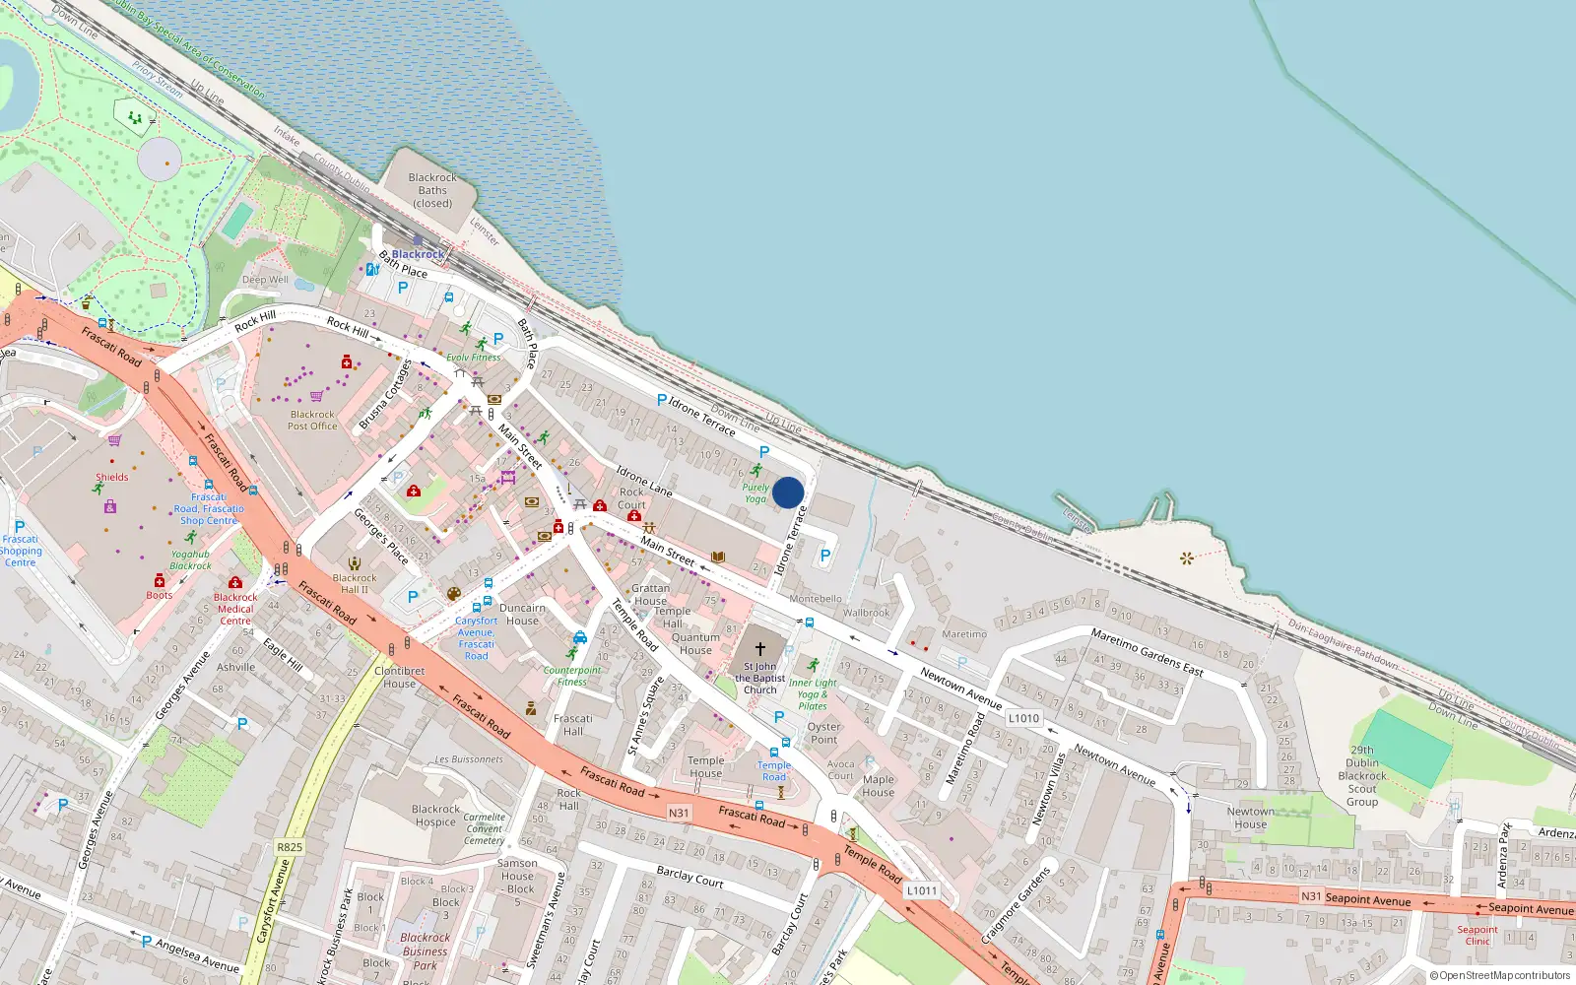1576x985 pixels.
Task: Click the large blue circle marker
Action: point(788,492)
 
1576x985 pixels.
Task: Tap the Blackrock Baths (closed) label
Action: point(432,191)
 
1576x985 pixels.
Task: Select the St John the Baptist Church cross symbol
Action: point(759,649)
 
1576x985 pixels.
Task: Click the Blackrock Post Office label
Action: point(312,421)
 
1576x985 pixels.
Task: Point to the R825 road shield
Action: point(290,847)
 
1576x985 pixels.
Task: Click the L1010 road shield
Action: point(1023,718)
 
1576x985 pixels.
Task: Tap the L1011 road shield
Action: point(922,890)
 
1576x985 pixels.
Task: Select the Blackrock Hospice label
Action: point(435,816)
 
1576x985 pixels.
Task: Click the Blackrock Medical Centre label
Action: point(235,609)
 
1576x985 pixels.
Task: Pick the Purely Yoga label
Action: point(755,492)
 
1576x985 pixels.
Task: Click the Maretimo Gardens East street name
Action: point(1147,652)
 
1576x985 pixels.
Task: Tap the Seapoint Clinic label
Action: point(1477,935)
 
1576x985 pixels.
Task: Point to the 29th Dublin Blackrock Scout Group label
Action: point(1362,775)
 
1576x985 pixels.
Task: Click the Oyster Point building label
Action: point(824,733)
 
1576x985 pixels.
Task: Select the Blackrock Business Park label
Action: point(425,952)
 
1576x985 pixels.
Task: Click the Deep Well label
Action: point(266,280)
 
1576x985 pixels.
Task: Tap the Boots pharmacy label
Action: point(160,595)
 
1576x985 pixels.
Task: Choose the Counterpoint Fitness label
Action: point(572,676)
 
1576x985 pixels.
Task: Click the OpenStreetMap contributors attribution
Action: point(1499,976)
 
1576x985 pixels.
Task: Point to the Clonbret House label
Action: point(399,677)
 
